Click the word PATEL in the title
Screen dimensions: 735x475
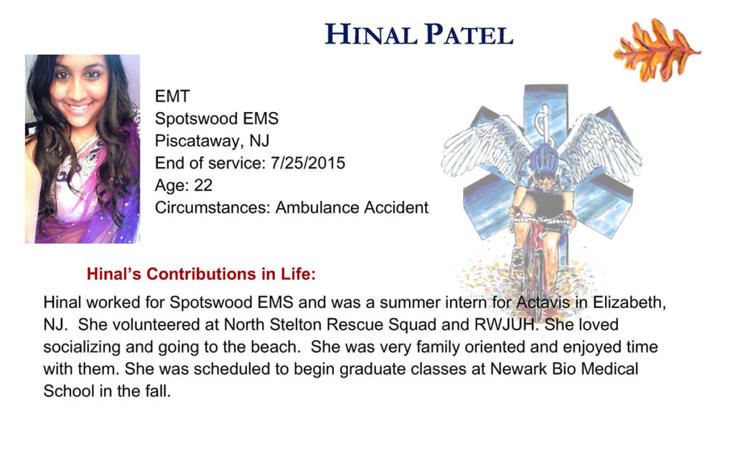469,34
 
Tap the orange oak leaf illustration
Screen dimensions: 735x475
657,50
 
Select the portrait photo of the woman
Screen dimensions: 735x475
83,149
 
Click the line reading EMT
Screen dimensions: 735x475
172,96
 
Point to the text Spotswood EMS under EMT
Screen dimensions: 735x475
217,118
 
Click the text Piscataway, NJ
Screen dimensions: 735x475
212,141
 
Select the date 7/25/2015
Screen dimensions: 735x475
308,163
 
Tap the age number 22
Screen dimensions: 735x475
203,186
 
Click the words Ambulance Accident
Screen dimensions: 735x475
352,207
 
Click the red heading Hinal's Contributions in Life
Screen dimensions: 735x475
201,274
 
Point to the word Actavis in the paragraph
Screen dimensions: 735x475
543,302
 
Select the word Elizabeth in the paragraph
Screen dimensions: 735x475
629,303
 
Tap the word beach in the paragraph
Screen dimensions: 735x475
276,347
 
